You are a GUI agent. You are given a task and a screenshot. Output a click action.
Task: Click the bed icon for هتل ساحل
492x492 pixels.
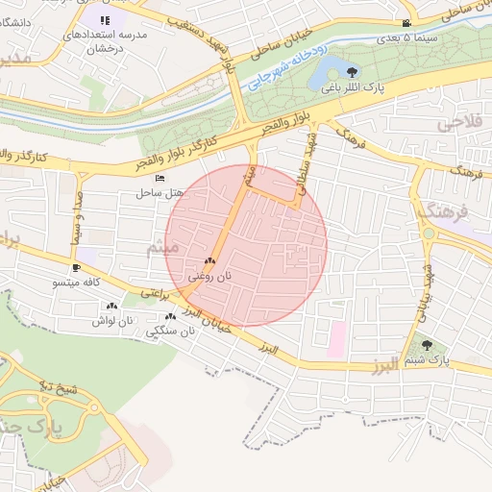[x=160, y=179]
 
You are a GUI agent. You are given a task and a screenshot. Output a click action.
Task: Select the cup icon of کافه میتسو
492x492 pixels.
[x=77, y=267]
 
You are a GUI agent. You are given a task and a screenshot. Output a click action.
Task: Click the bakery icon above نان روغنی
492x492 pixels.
[x=209, y=261]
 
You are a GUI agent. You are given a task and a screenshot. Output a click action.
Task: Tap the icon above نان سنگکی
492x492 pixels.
[x=170, y=316]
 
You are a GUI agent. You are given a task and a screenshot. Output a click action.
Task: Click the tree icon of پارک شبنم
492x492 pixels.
[x=427, y=346]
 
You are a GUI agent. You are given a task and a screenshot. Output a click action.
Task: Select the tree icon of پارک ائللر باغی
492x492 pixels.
[x=353, y=72]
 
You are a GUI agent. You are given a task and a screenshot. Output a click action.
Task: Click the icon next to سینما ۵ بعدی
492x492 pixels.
[x=407, y=23]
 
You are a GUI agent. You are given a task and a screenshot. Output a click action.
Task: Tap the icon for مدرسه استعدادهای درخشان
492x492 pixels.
[x=105, y=19]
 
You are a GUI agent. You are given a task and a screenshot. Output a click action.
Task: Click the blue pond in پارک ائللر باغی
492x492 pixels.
[x=332, y=69]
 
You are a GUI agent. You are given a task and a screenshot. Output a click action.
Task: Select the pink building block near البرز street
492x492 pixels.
[x=336, y=339]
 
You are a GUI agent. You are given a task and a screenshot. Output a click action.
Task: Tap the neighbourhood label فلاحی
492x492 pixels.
[x=457, y=124]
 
